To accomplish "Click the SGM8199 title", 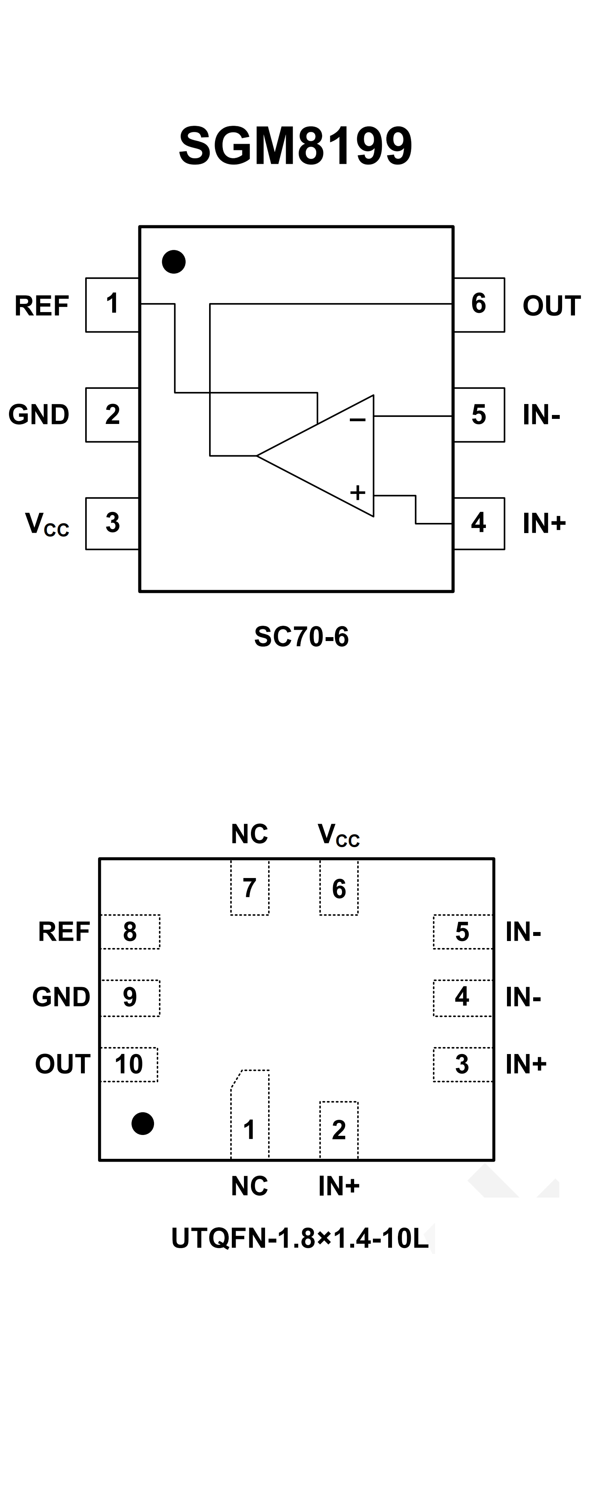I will point(296,146).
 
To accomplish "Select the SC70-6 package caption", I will point(301,637).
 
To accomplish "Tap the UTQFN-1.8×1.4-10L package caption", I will point(300,1238).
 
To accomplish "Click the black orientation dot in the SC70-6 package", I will point(174,262).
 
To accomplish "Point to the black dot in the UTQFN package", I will point(143,1123).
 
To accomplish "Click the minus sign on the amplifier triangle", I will point(357,420).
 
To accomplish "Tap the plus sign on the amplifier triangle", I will point(358,492).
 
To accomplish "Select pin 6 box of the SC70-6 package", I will point(479,304).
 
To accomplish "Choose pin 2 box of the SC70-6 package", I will point(113,415).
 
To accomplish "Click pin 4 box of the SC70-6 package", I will point(479,523).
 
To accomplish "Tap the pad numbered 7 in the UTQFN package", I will point(249,888).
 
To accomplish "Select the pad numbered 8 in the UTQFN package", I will point(130,932).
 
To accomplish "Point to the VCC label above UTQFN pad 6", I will point(339,835).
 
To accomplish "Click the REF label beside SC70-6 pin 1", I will point(41,306).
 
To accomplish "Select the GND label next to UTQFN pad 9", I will point(61,997).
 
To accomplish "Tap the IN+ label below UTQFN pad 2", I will point(339,1186).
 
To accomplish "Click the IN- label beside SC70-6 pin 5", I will point(541,415).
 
